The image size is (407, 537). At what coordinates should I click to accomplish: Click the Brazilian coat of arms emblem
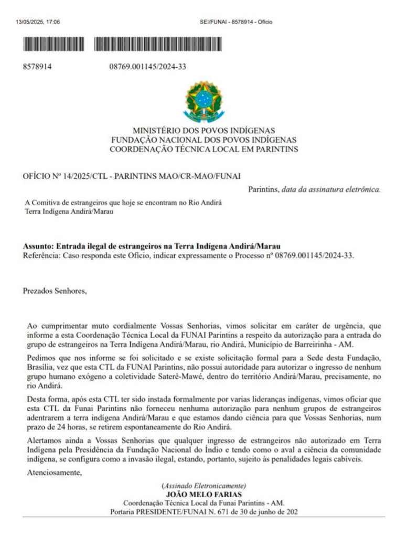tap(203, 101)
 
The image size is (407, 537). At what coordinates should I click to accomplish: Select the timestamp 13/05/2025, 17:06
tap(38, 22)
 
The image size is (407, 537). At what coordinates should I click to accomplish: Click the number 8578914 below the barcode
tap(37, 67)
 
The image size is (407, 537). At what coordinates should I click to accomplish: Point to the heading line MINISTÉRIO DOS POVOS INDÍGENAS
tap(203, 131)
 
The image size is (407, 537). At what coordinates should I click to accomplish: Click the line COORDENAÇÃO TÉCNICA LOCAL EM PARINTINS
tap(203, 149)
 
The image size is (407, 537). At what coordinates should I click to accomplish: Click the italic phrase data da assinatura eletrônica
tap(331, 189)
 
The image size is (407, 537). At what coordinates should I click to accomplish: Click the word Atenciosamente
tap(55, 473)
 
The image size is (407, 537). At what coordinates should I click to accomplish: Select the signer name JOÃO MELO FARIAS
tap(203, 494)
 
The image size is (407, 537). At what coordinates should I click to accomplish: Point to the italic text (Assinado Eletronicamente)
tap(203, 486)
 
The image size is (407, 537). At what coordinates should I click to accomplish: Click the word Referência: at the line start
tap(42, 255)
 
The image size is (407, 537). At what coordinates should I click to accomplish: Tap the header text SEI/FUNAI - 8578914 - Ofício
tap(236, 22)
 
